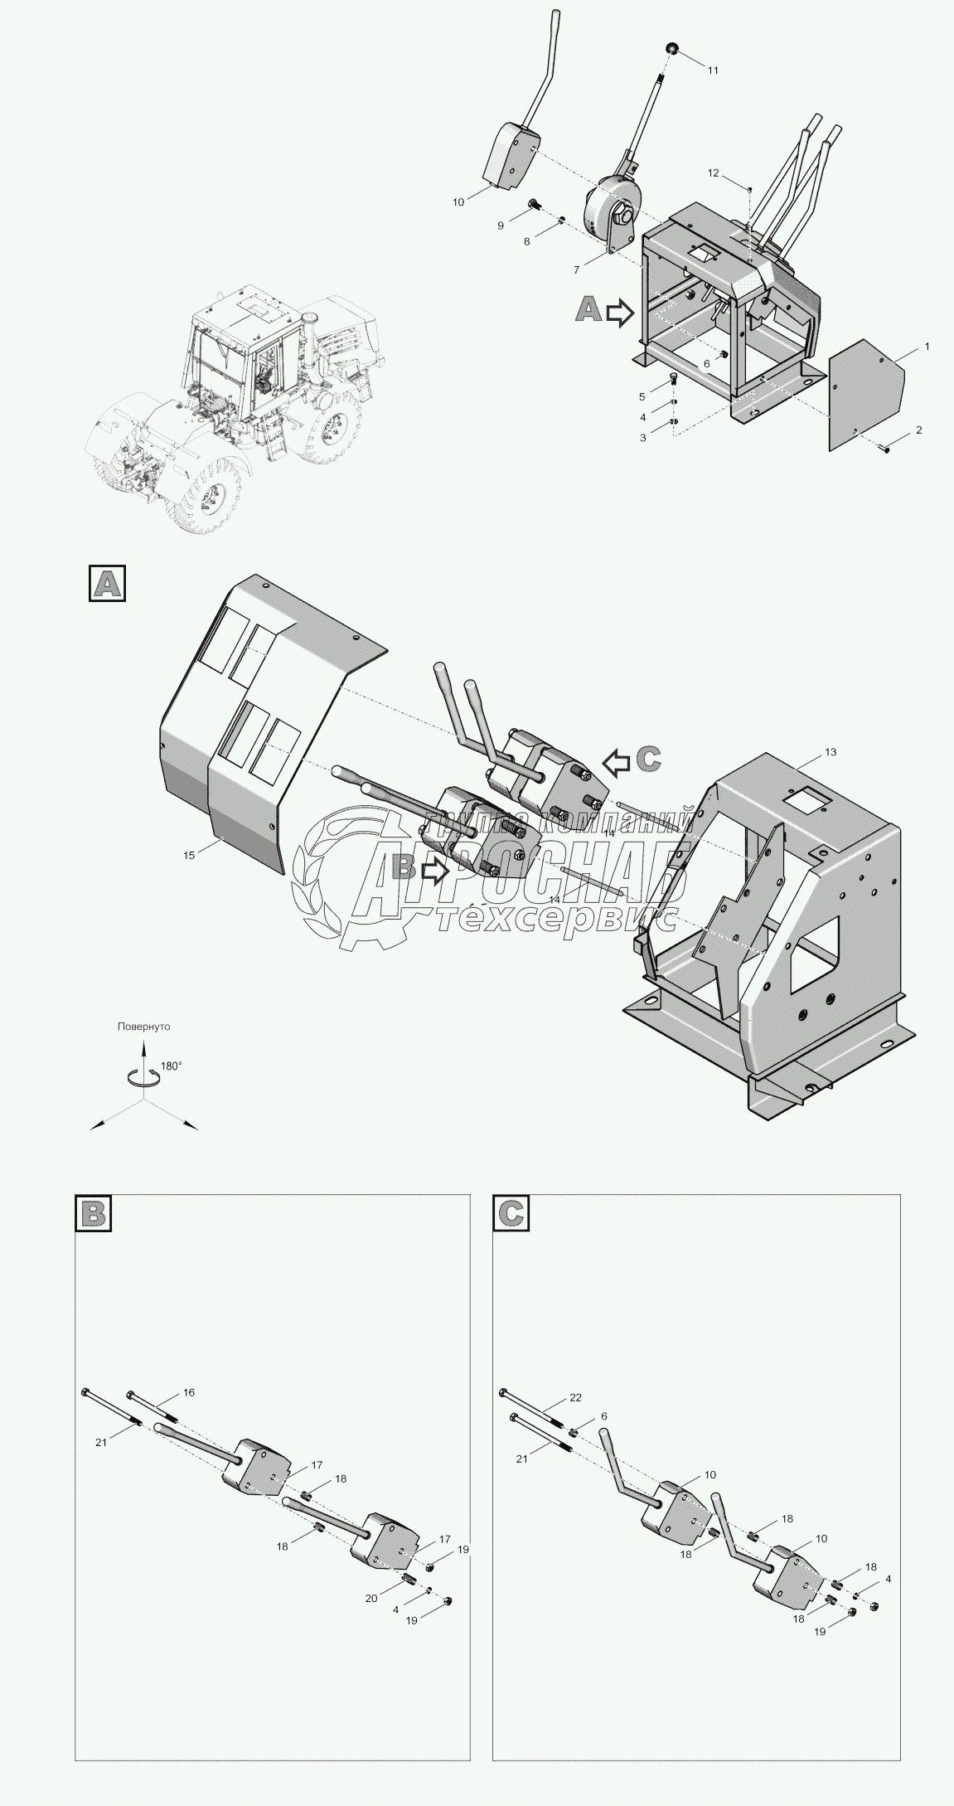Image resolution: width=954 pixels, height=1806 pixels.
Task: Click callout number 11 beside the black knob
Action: click(x=713, y=70)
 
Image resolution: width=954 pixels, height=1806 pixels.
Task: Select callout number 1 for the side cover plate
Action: click(x=927, y=346)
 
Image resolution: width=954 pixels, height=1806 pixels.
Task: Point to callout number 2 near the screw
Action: click(x=918, y=430)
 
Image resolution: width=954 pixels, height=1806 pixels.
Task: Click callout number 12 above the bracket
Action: click(x=714, y=172)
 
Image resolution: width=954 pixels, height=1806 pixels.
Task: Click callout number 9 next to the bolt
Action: click(x=501, y=226)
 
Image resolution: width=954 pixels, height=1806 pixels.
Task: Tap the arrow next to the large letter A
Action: click(x=619, y=313)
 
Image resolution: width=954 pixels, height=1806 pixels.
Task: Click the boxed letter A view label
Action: click(x=108, y=583)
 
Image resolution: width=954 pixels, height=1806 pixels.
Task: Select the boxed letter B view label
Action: click(x=93, y=1213)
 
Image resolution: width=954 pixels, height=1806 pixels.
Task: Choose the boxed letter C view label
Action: click(x=511, y=1213)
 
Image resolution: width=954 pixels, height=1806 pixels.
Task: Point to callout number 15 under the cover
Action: click(x=190, y=854)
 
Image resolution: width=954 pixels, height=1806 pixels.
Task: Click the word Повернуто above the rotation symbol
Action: click(x=143, y=1027)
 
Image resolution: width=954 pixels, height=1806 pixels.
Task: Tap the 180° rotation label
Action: click(x=171, y=1066)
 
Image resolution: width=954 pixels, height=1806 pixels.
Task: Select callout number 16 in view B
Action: click(x=189, y=1392)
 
